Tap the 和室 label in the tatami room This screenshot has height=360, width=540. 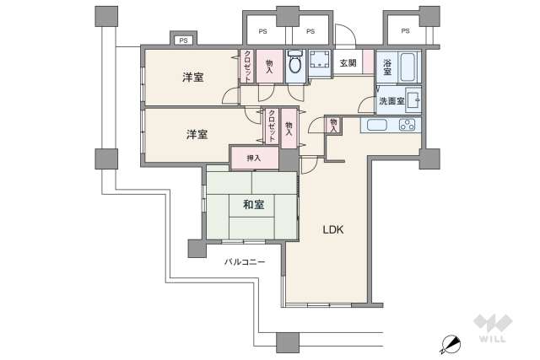click(254, 205)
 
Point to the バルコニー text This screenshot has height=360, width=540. click(245, 262)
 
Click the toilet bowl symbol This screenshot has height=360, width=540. click(295, 63)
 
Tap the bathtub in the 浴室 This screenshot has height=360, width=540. click(408, 66)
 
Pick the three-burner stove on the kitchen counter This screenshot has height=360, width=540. click(406, 125)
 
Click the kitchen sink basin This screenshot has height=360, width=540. click(375, 126)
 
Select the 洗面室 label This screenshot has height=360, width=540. click(391, 101)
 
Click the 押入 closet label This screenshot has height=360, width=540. click(253, 158)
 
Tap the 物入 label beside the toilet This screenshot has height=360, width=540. click(269, 67)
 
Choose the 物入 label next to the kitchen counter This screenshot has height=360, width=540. click(334, 125)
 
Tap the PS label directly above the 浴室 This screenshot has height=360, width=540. click(405, 31)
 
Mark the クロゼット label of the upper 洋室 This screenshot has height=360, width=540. click(249, 66)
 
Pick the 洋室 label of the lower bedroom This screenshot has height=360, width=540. click(197, 134)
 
